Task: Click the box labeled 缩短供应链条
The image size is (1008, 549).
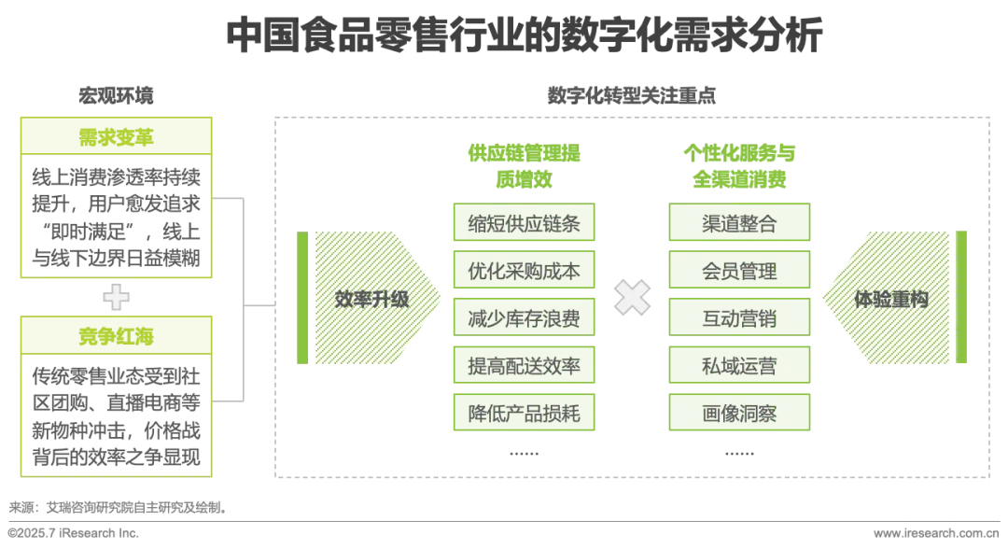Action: click(x=524, y=223)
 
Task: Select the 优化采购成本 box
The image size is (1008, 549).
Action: click(x=524, y=271)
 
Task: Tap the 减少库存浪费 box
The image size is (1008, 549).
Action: click(x=524, y=318)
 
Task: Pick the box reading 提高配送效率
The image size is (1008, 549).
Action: click(x=524, y=366)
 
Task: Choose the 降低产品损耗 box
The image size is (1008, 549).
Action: click(x=524, y=413)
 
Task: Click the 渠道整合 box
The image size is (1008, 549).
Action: click(x=739, y=223)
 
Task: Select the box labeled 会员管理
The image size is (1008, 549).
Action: click(x=739, y=271)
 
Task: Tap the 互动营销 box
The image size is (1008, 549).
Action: click(x=739, y=318)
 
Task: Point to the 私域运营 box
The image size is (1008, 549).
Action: click(x=739, y=366)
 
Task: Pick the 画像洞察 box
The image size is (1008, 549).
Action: click(x=739, y=413)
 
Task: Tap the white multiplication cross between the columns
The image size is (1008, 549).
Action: click(x=632, y=298)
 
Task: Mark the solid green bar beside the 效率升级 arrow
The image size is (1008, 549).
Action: click(x=301, y=299)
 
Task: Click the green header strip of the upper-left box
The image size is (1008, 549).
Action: click(x=116, y=137)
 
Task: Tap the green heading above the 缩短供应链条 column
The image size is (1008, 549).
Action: click(x=524, y=164)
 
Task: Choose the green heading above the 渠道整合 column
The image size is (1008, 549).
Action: click(x=739, y=164)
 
